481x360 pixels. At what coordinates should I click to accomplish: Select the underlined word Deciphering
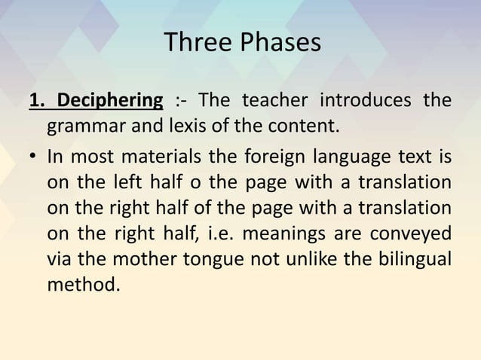(111, 100)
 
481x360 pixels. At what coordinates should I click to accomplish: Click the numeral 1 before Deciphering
(35, 100)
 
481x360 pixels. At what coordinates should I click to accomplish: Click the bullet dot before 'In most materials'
(33, 160)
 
